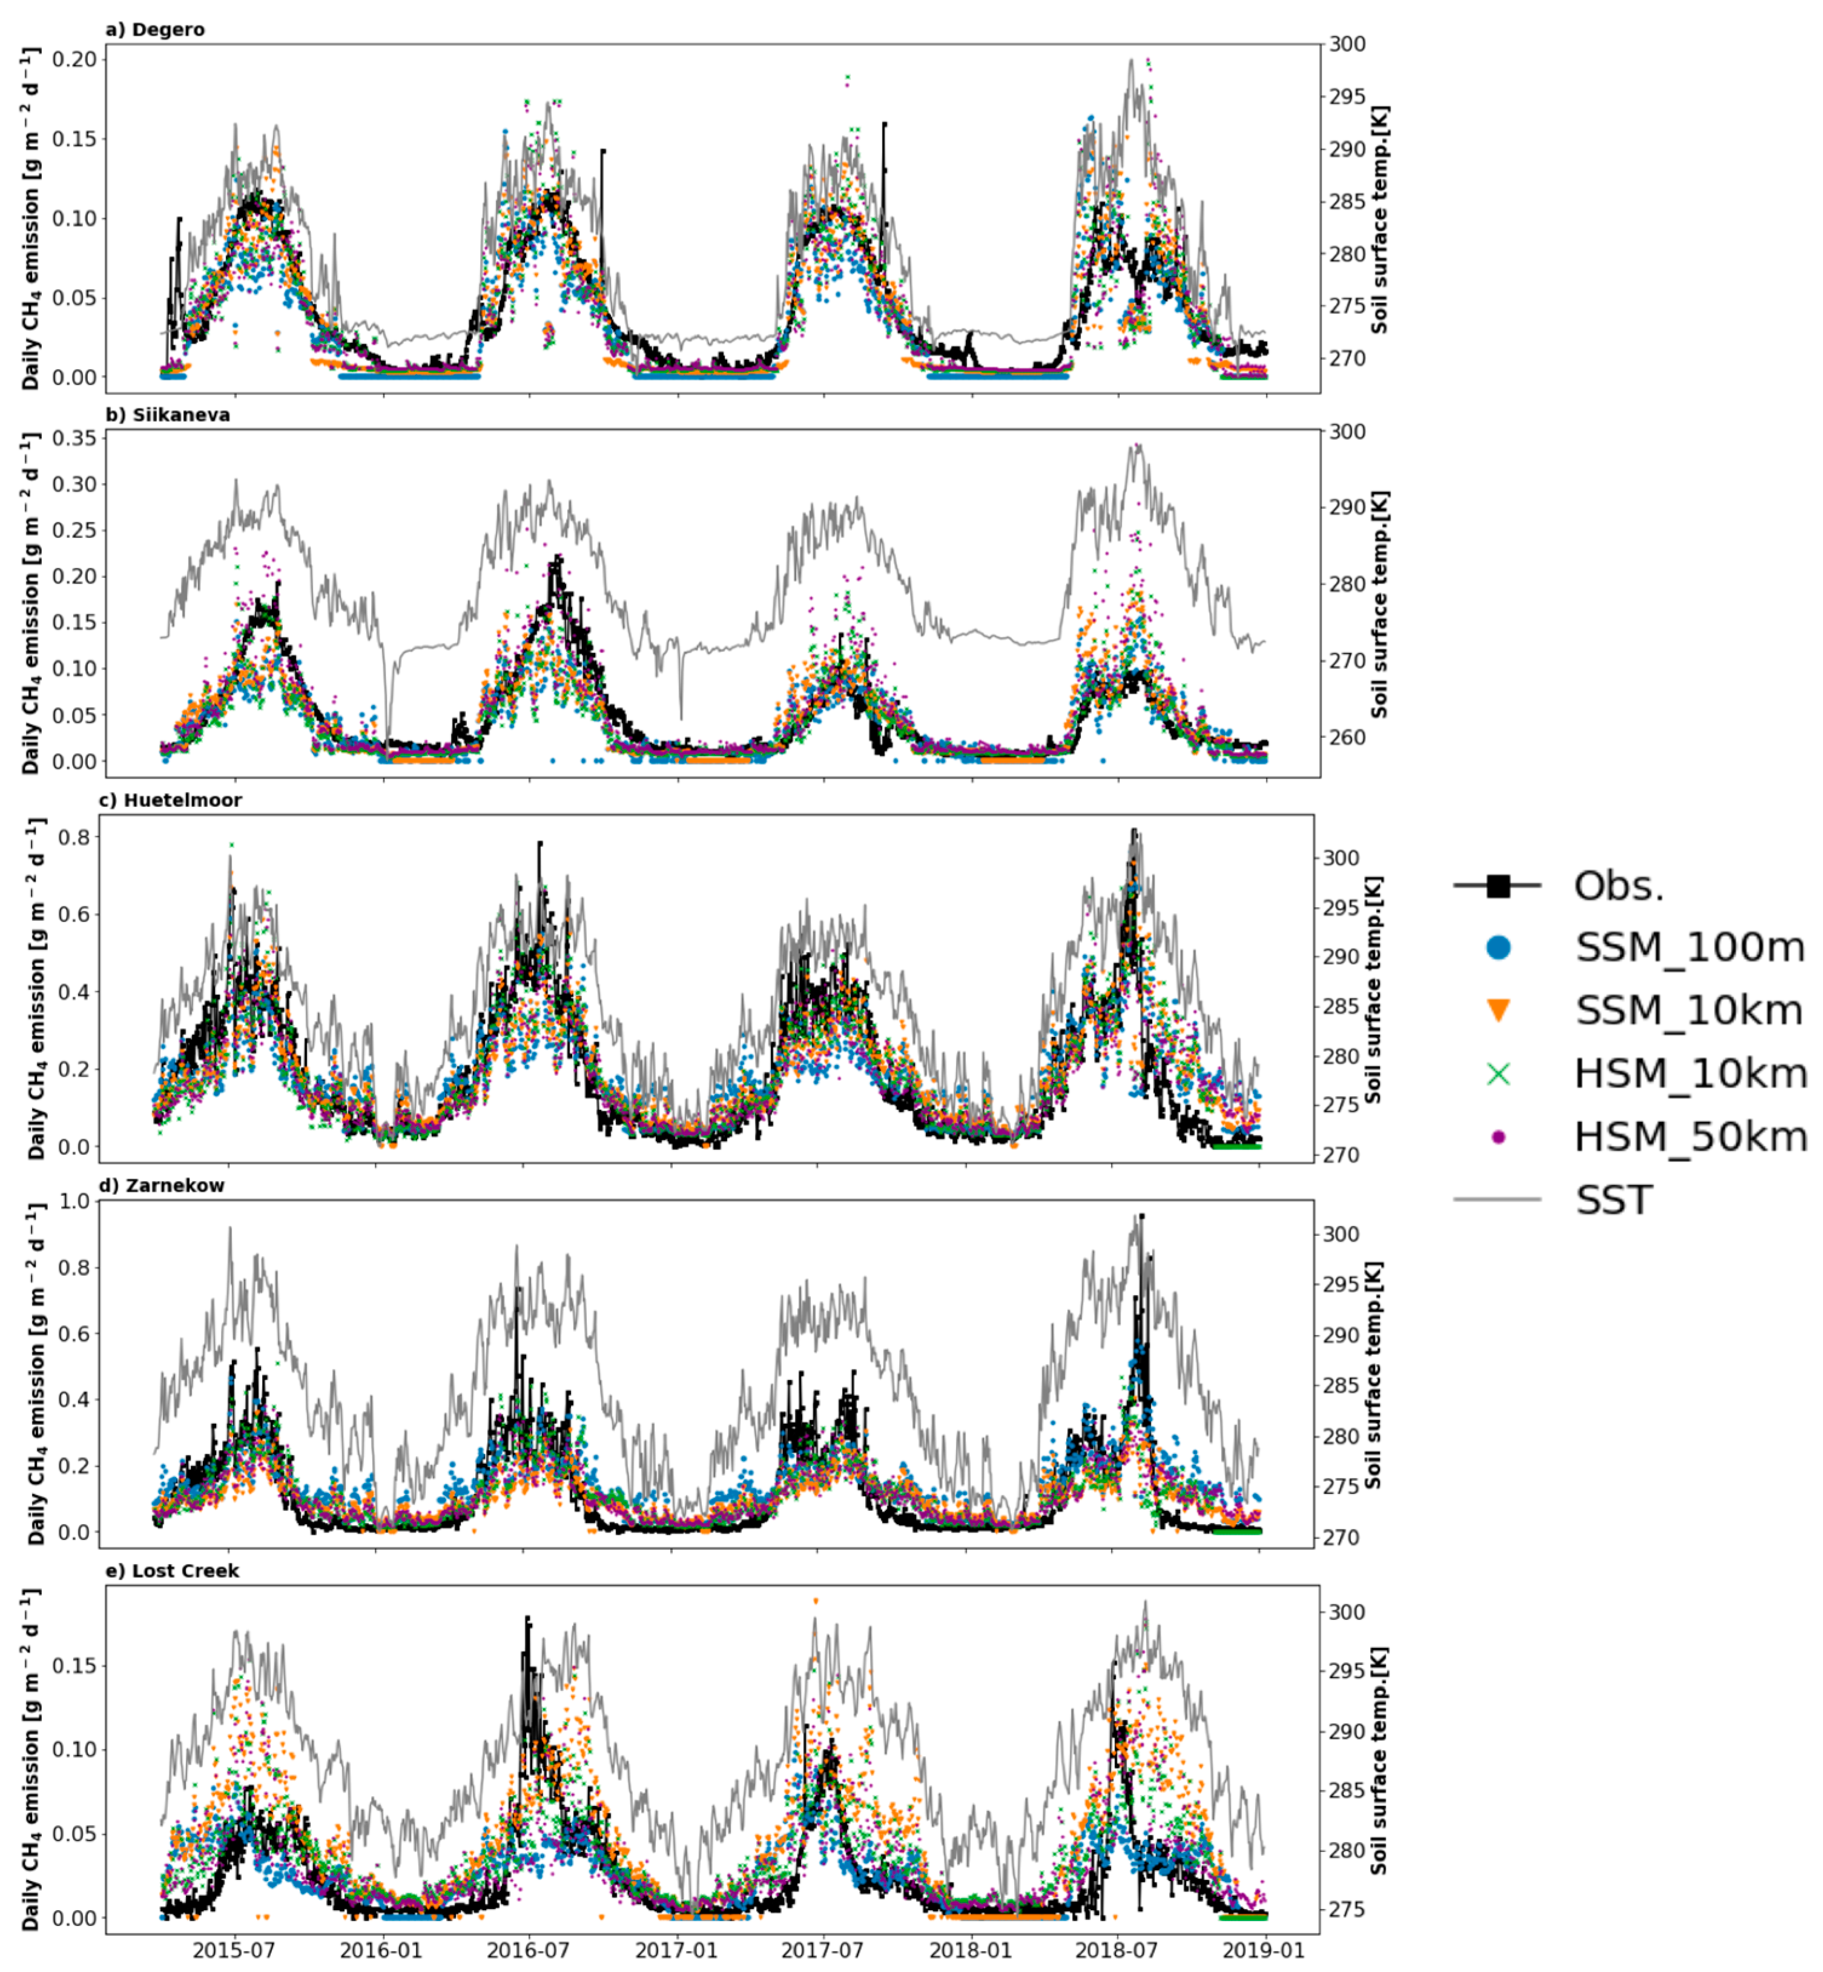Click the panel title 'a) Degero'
pyautogui.click(x=155, y=30)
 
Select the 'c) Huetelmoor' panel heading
pyautogui.click(x=170, y=800)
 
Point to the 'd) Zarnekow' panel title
pyautogui.click(x=161, y=1186)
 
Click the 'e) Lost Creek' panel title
pyautogui.click(x=172, y=1570)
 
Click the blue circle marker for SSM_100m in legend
pyautogui.click(x=1497, y=948)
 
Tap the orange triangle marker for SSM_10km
pyautogui.click(x=1497, y=1010)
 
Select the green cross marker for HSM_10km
pyautogui.click(x=1497, y=1073)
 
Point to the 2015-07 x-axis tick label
pyautogui.click(x=233, y=1950)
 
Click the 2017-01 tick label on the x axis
pyautogui.click(x=676, y=1950)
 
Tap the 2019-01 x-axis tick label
pyautogui.click(x=1265, y=1950)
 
